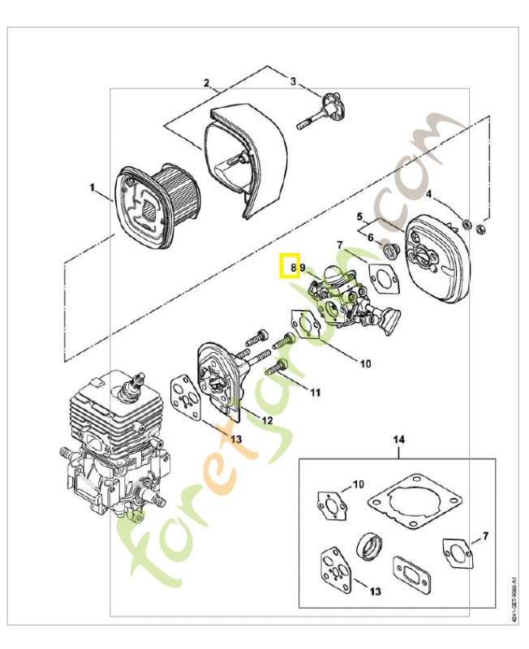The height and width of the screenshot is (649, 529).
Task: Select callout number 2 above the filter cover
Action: (207, 84)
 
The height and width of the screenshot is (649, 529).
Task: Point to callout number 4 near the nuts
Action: (430, 195)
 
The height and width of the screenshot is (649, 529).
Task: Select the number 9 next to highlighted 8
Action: (302, 266)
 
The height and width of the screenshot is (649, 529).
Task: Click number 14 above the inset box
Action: (398, 441)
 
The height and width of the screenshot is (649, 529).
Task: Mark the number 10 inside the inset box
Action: (358, 485)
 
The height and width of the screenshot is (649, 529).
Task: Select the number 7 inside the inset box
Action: (484, 536)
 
